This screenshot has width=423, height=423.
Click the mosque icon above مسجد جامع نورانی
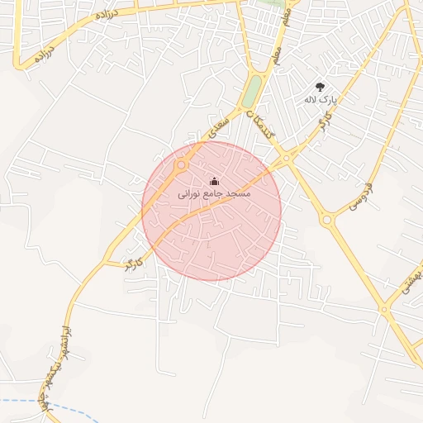pyautogui.click(x=215, y=182)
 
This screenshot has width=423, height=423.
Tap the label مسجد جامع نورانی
pyautogui.click(x=214, y=194)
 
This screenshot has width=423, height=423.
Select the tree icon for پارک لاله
pyautogui.click(x=320, y=87)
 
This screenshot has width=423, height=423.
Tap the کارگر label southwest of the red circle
pyautogui.click(x=134, y=264)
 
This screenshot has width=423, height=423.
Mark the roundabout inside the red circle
pyautogui.click(x=181, y=165)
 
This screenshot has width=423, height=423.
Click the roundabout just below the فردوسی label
pyautogui.click(x=327, y=220)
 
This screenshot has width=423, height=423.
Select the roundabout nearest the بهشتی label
pyautogui.click(x=384, y=310)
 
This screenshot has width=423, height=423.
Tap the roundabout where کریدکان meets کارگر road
pyautogui.click(x=287, y=157)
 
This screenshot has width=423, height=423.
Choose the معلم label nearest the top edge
pyautogui.click(x=286, y=17)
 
